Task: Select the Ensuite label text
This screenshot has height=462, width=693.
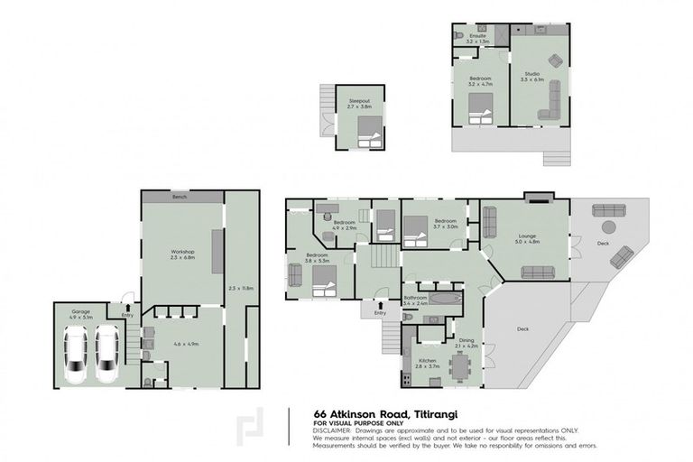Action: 476,37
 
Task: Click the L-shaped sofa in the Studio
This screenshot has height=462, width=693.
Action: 550,101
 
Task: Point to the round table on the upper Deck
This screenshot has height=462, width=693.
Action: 609,226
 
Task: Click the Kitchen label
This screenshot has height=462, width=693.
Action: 429,360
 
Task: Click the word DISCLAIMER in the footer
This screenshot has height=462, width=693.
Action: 332,431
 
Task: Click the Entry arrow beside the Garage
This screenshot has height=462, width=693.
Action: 127,306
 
